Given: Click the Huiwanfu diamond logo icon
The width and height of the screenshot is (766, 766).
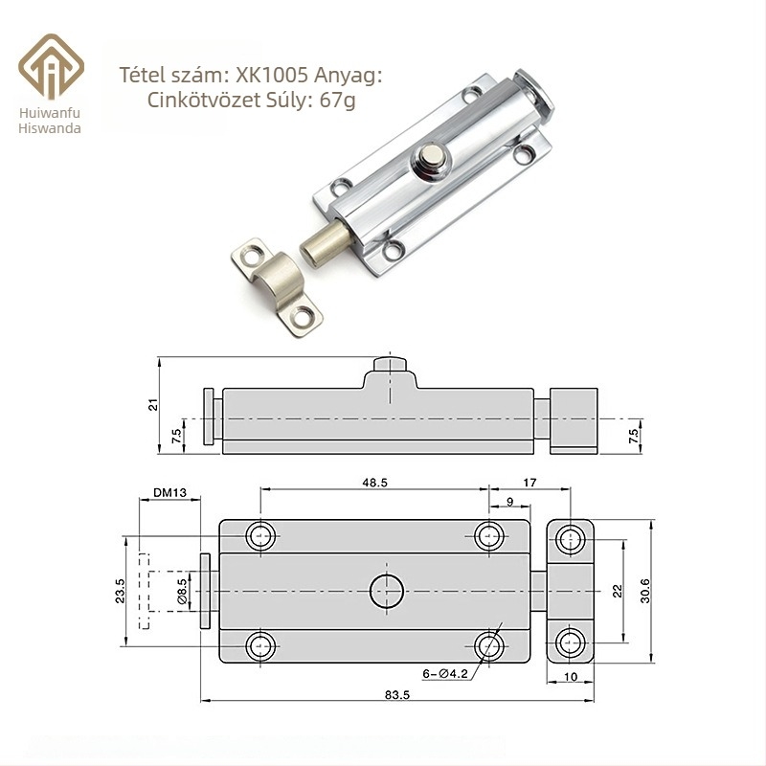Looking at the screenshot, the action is tap(52, 67).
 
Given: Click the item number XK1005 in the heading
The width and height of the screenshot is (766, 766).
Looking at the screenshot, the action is tap(272, 76).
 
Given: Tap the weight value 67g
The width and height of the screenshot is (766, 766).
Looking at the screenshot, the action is tap(337, 101).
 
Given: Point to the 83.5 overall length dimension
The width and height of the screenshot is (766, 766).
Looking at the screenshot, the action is tap(396, 694).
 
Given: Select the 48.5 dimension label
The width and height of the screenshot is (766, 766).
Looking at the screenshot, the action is tap(374, 483).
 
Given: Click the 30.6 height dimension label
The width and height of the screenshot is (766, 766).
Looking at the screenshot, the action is tap(644, 591).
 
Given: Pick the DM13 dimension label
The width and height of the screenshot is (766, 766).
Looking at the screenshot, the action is tap(169, 492).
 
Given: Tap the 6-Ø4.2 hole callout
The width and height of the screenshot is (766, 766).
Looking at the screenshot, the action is tap(445, 674).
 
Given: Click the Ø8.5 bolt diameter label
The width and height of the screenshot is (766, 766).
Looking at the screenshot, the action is tap(182, 591).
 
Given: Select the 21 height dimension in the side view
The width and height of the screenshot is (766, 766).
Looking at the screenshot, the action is tap(153, 404).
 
